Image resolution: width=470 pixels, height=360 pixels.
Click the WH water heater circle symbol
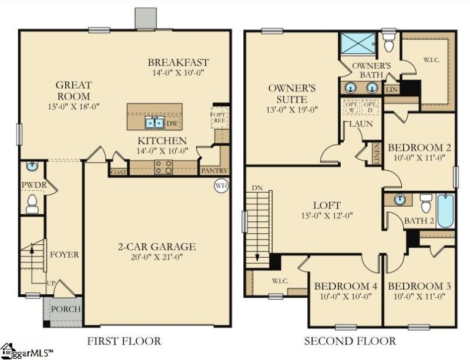tap(221, 186)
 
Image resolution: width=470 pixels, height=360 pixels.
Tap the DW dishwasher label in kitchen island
tap(170, 123)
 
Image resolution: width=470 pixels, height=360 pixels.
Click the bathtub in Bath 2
tap(445, 211)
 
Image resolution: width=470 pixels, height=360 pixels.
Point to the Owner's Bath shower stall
tap(357, 43)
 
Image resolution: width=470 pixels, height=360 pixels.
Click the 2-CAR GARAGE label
tap(156, 247)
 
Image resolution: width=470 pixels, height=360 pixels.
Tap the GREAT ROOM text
tap(73, 90)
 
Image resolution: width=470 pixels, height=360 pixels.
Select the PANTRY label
tap(214, 170)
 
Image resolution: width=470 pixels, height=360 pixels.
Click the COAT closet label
tap(118, 172)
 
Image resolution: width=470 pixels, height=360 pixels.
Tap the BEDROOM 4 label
tap(345, 286)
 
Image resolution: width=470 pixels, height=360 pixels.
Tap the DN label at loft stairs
tap(256, 187)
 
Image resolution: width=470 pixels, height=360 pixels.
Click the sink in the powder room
tap(31, 167)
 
